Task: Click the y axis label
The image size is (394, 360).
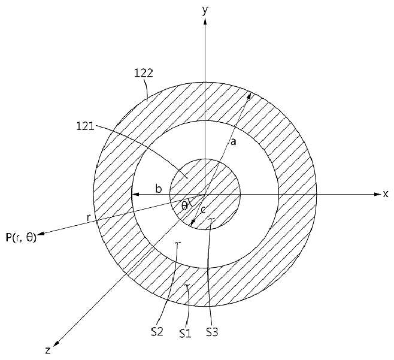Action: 205,11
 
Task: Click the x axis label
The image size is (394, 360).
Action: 386,194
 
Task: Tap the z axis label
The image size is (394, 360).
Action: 48,350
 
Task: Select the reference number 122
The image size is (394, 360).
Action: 144,73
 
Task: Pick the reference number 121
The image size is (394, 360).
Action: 85,126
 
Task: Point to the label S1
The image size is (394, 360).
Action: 186,334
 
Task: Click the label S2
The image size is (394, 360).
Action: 157,332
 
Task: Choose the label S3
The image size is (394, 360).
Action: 212,332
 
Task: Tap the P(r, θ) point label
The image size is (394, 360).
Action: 21,237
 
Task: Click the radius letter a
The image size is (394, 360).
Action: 234,143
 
